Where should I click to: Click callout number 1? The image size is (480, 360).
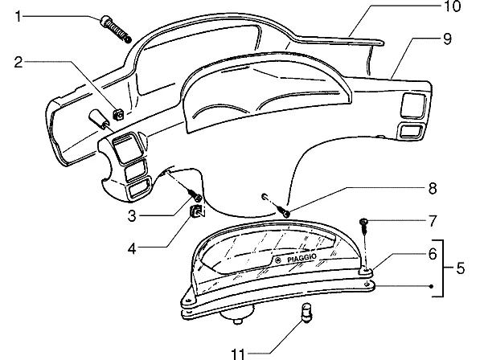click(18, 16)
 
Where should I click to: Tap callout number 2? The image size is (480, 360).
click(18, 62)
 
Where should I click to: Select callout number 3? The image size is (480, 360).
click(132, 216)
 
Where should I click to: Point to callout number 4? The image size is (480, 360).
click(132, 248)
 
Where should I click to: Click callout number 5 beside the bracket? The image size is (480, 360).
click(461, 268)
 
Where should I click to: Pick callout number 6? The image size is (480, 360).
click(433, 254)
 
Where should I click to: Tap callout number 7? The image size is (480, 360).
click(433, 221)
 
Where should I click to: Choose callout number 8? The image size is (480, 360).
click(433, 188)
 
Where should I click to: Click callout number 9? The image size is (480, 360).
click(447, 39)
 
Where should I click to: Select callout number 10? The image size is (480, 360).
click(452, 6)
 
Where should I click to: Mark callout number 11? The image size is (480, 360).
click(238, 354)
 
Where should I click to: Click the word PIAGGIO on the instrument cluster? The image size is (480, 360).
click(302, 258)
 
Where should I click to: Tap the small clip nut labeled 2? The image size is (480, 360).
click(119, 114)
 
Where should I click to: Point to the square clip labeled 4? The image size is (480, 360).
click(197, 211)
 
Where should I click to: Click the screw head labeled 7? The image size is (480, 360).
click(363, 221)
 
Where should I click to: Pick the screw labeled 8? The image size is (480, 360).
click(283, 211)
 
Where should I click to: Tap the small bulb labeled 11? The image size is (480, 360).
click(307, 312)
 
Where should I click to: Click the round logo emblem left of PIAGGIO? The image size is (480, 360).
click(278, 260)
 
